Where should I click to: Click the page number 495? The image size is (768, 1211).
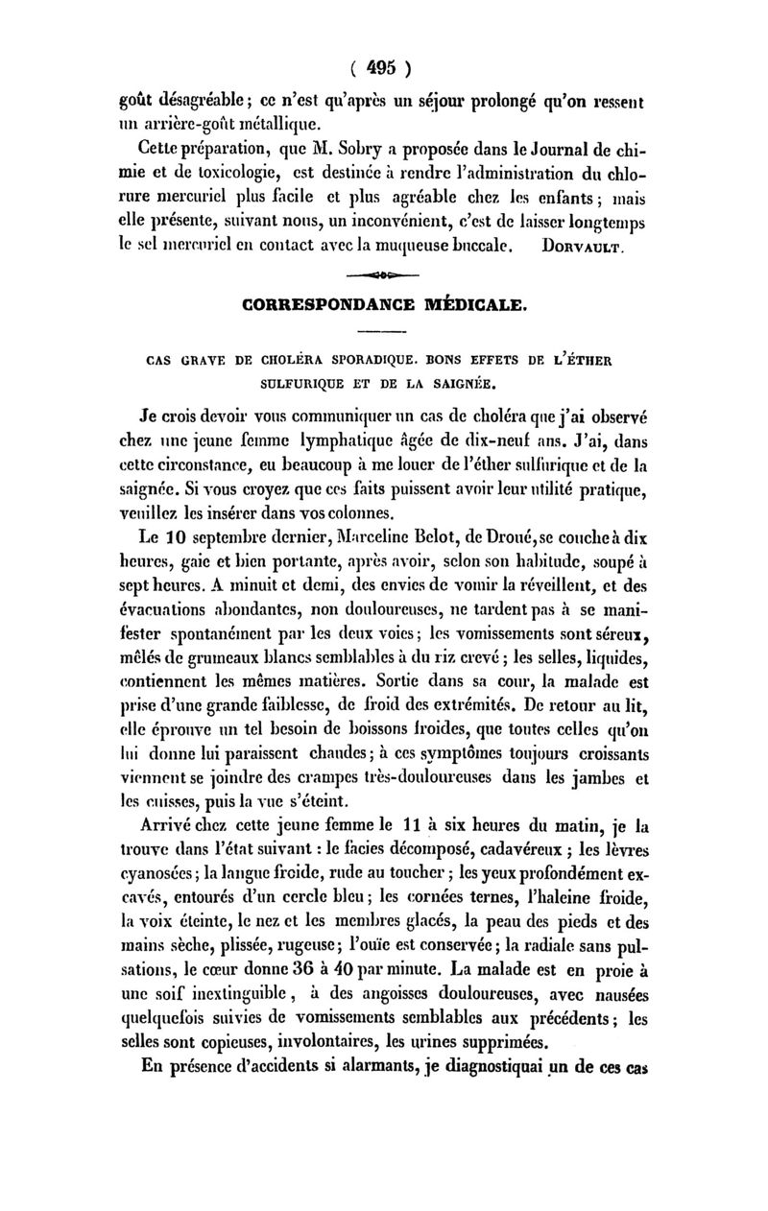(x=382, y=68)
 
